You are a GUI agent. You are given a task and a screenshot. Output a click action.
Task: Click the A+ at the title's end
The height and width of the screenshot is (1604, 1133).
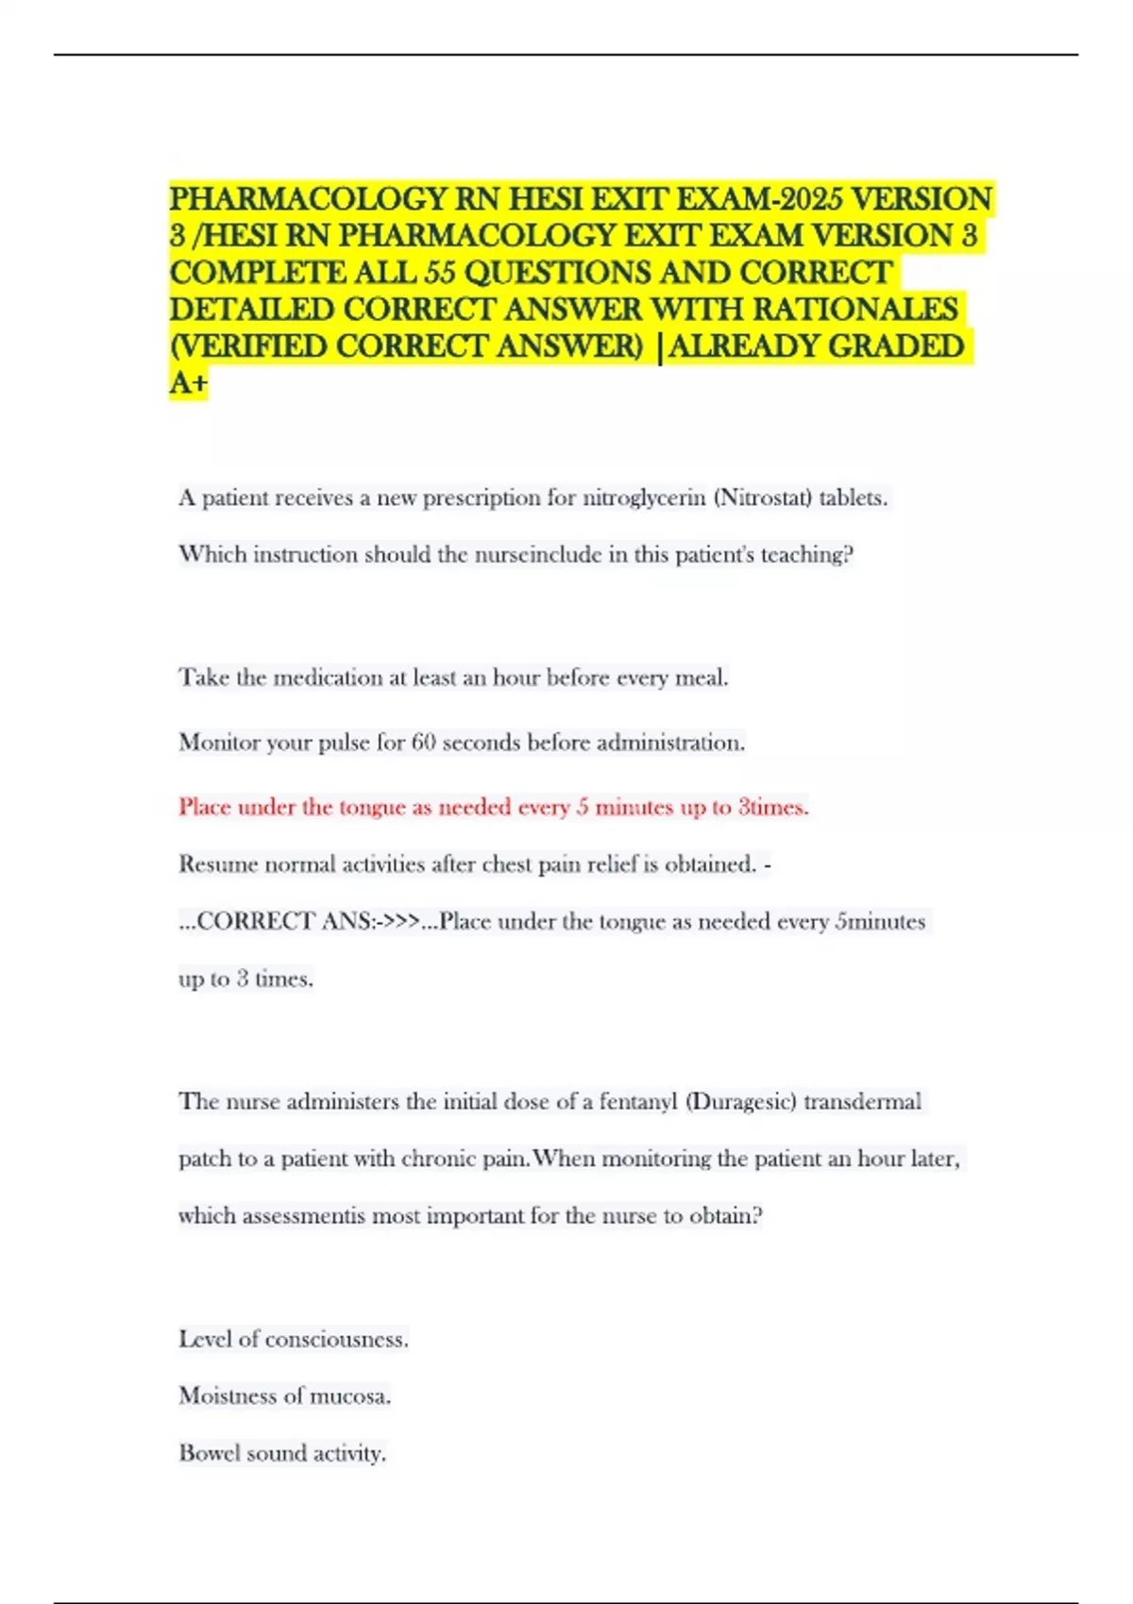(189, 383)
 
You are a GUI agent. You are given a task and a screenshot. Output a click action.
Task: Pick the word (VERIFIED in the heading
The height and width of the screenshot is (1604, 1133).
(249, 346)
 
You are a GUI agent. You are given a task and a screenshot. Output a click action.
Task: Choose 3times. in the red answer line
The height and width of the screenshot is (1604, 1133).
(773, 807)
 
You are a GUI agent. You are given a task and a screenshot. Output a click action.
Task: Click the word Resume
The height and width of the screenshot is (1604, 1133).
(218, 864)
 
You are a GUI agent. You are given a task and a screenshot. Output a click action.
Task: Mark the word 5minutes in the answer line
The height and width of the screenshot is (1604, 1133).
(881, 921)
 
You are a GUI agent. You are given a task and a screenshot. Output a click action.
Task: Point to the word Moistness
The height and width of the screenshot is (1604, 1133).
(228, 1395)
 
